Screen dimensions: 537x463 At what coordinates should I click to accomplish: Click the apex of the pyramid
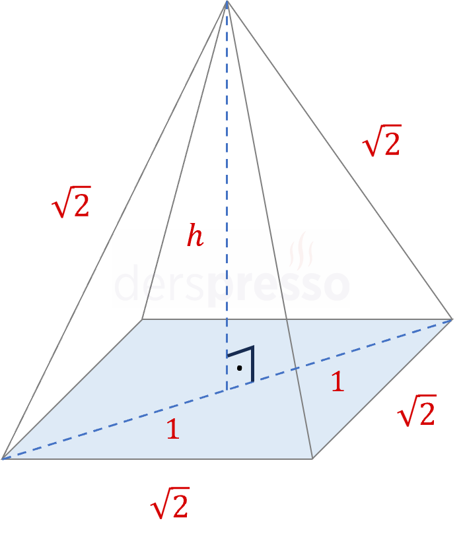click(x=227, y=3)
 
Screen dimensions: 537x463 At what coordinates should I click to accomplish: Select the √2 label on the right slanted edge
click(x=382, y=141)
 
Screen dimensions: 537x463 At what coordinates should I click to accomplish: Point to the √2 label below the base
click(x=170, y=504)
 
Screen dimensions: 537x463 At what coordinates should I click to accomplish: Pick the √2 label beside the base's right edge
click(x=416, y=412)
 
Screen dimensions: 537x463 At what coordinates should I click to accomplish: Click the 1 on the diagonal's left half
click(x=172, y=430)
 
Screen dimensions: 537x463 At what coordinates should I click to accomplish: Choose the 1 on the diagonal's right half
click(x=338, y=382)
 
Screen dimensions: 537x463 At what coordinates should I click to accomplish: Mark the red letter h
click(x=195, y=236)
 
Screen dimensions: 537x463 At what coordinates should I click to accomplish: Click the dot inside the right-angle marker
click(x=240, y=367)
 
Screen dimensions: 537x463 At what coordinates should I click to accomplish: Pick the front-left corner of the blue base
click(x=4, y=457)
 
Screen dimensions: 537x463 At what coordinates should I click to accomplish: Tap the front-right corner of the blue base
click(x=312, y=457)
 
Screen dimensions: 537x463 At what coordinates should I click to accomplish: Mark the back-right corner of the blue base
click(x=452, y=320)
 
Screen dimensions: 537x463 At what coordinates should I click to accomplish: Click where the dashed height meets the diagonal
click(x=227, y=389)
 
